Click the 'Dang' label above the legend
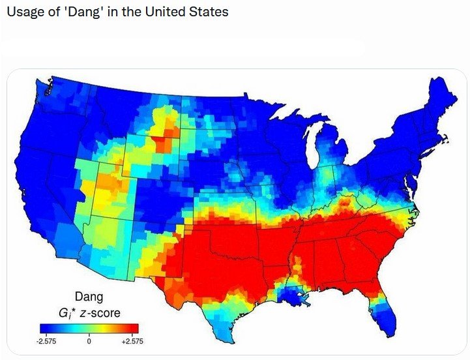[89, 297]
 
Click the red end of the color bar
[130, 328]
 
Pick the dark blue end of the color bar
[46, 328]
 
